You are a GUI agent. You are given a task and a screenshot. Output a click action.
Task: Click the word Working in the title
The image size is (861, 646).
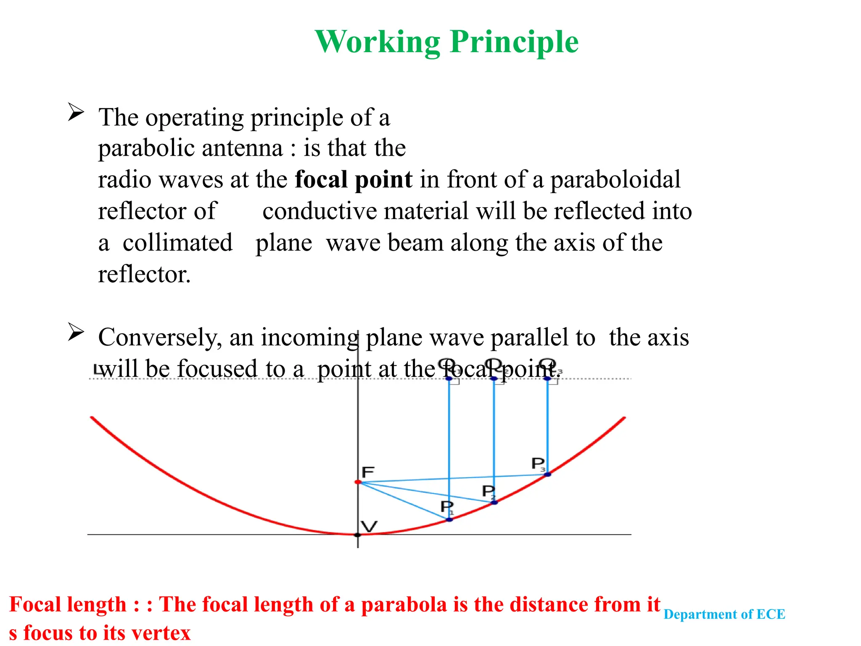[x=377, y=42]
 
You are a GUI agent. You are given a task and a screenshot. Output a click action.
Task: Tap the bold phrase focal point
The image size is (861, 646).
[x=353, y=180]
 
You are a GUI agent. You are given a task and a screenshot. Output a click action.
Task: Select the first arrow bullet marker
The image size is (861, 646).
[x=76, y=112]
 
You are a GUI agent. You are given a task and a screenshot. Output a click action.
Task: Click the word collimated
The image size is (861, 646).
[x=177, y=243]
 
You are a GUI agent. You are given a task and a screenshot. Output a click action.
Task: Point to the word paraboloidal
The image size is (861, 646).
[x=615, y=180]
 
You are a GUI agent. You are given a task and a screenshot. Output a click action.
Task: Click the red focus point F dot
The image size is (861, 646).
[x=358, y=482]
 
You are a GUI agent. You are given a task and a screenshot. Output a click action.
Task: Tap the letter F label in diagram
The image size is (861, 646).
[x=368, y=472]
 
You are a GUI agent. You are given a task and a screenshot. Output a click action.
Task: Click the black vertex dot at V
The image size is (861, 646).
[x=357, y=535]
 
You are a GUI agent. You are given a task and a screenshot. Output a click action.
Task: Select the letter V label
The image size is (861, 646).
[x=369, y=526]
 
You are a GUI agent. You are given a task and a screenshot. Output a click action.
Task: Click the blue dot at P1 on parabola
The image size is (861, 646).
[x=449, y=520]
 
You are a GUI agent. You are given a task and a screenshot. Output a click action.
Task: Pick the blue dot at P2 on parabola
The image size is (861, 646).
[x=494, y=502]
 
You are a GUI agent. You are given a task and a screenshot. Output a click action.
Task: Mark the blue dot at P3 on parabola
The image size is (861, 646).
[x=547, y=474]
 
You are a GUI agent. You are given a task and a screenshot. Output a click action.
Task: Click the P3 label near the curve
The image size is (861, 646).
[x=538, y=464]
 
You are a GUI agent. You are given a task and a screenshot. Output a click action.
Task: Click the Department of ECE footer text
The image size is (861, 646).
[x=724, y=614]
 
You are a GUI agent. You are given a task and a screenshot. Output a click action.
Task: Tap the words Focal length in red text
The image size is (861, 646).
[x=68, y=605]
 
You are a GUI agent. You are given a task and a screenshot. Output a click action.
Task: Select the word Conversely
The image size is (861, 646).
[x=160, y=338]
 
